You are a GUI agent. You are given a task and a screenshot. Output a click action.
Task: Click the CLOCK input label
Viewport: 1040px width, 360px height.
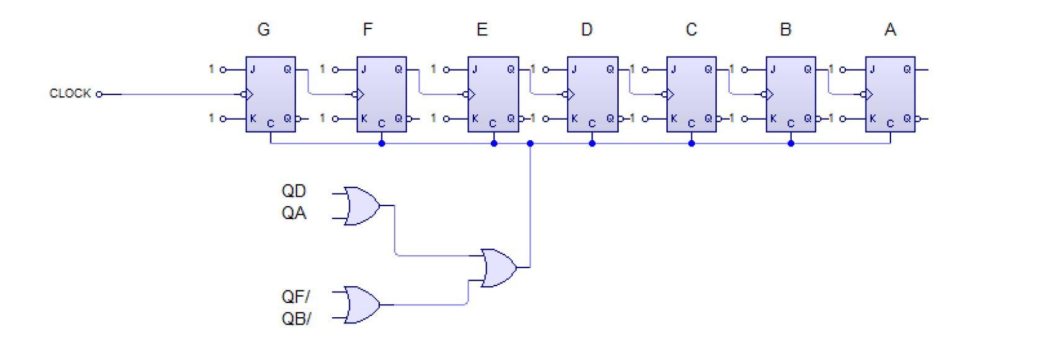pyautogui.click(x=70, y=94)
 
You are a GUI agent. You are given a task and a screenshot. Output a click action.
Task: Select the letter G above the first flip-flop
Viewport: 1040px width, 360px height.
pyautogui.click(x=263, y=30)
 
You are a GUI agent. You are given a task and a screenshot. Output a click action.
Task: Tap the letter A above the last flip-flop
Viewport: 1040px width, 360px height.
pyautogui.click(x=890, y=30)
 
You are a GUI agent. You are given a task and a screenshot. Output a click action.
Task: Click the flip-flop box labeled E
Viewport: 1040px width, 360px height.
pyautogui.click(x=493, y=94)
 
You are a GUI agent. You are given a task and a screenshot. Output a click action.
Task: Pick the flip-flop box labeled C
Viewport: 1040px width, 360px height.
pyautogui.click(x=691, y=94)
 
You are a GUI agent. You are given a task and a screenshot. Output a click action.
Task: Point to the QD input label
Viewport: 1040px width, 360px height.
pyautogui.click(x=294, y=191)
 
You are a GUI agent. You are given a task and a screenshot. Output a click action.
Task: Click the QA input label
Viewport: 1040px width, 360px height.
pyautogui.click(x=294, y=214)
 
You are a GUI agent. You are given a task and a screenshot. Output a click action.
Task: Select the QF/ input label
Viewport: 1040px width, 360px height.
pyautogui.click(x=296, y=296)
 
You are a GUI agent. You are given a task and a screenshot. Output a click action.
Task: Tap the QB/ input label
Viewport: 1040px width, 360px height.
pyautogui.click(x=296, y=319)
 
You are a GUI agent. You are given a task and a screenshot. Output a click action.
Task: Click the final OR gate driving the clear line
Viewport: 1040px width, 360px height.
pyautogui.click(x=499, y=268)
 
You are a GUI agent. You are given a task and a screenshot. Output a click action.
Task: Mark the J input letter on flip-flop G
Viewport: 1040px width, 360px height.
pyautogui.click(x=253, y=70)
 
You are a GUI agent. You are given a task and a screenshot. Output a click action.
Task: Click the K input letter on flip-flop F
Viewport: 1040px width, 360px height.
pyautogui.click(x=364, y=118)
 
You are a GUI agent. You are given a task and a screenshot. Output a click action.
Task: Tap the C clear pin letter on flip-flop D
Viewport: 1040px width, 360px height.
pyautogui.click(x=592, y=124)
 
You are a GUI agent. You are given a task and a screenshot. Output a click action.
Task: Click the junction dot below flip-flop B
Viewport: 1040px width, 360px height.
pyautogui.click(x=791, y=143)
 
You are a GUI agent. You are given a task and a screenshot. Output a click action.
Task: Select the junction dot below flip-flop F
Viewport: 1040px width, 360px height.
pyautogui.click(x=382, y=143)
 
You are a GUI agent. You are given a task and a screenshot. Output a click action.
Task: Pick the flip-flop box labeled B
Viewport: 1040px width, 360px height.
pyautogui.click(x=791, y=94)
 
